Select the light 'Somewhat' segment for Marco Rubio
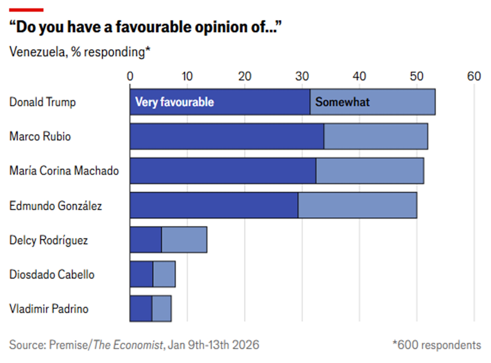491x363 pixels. pyautogui.click(x=376, y=136)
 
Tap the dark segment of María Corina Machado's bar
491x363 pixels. pyautogui.click(x=223, y=171)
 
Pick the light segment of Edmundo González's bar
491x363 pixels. pyautogui.click(x=357, y=205)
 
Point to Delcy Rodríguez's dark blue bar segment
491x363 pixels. pyautogui.click(x=146, y=240)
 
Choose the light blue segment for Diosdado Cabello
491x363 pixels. pyautogui.click(x=164, y=274)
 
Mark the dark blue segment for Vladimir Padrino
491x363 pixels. pyautogui.click(x=141, y=309)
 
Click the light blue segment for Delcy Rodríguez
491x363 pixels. pyautogui.click(x=184, y=240)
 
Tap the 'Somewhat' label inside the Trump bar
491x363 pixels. pyautogui.click(x=342, y=102)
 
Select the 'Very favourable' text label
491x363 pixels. pyautogui.click(x=175, y=102)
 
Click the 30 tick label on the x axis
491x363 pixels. pyautogui.click(x=302, y=77)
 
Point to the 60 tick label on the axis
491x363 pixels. pyautogui.click(x=474, y=77)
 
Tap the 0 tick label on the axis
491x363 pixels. pyautogui.click(x=130, y=77)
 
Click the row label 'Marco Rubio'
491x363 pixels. pyautogui.click(x=40, y=136)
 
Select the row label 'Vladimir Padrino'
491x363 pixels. pyautogui.click(x=49, y=309)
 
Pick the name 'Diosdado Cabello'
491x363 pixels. pyautogui.click(x=52, y=275)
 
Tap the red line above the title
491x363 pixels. pyautogui.click(x=26, y=10)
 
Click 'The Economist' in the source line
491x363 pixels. pyautogui.click(x=128, y=345)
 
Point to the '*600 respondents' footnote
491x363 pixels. pyautogui.click(x=437, y=345)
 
